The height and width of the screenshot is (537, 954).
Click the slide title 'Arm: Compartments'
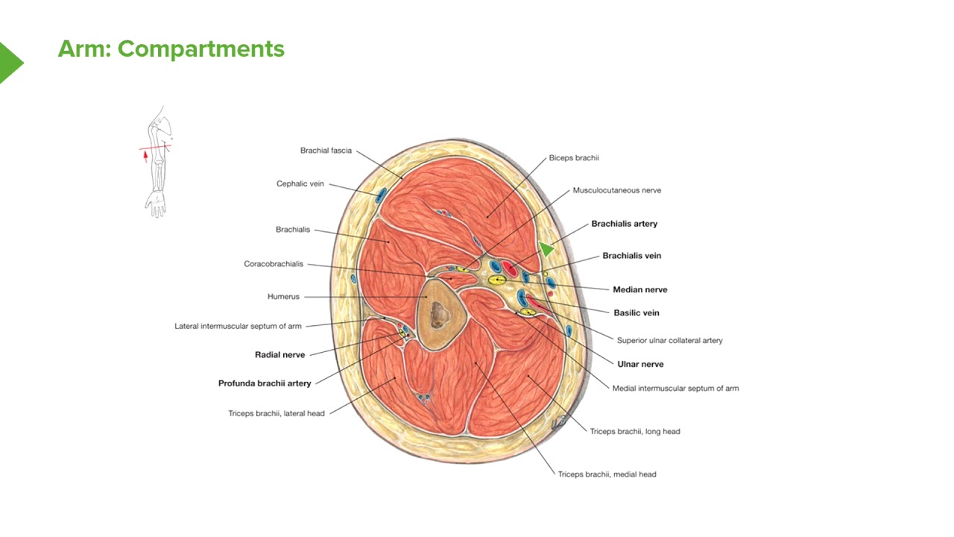point(171,49)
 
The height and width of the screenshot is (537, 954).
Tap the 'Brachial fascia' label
point(326,151)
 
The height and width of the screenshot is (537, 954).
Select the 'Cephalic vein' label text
point(300,183)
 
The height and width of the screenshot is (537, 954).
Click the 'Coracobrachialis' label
point(274,264)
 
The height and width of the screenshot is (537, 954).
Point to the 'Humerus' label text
point(283,297)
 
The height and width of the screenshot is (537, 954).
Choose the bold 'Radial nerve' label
point(279,354)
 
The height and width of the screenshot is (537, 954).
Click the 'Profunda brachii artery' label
point(265,383)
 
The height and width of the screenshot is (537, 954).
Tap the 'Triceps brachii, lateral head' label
point(277,413)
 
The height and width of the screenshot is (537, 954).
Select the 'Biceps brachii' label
point(574,158)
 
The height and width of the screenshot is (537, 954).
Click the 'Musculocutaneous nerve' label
point(616,190)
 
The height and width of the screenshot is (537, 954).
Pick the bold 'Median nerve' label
point(639,290)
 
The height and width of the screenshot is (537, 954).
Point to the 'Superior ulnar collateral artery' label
point(669,341)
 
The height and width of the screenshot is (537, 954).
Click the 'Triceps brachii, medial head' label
point(607,474)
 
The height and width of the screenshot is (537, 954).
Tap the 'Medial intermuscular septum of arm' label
point(675,389)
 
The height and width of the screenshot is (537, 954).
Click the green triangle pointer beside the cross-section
point(546,248)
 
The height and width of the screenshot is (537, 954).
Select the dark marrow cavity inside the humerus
point(440,315)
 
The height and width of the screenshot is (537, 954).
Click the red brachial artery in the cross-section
point(509,269)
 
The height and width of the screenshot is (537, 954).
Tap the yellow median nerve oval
point(497,280)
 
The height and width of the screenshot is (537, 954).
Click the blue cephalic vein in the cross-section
point(380,195)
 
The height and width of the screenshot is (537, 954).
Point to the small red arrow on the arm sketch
point(145,157)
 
